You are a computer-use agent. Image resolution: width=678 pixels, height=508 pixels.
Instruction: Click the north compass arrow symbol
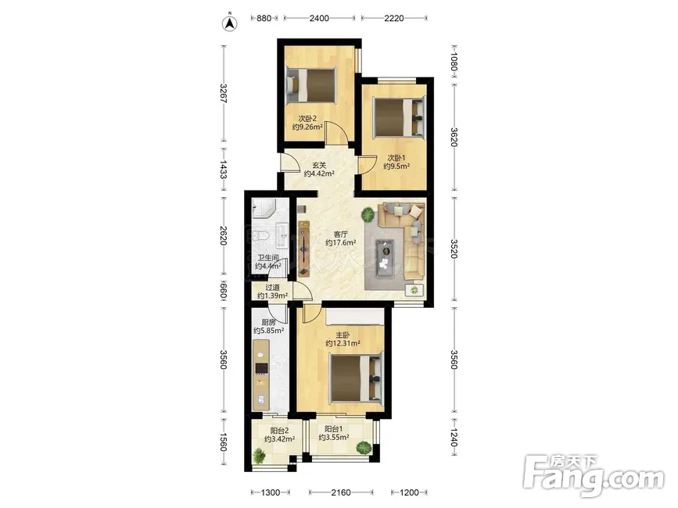point(230,23)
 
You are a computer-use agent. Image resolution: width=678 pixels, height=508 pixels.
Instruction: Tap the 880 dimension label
point(264,18)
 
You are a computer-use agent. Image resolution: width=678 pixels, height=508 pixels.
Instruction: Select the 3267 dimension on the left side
point(223,93)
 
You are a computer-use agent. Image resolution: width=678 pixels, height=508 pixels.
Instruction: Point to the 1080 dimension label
point(453,61)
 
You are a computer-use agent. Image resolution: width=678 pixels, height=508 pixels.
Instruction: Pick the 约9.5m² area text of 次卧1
point(396,166)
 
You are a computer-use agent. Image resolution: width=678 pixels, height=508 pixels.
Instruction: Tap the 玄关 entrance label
point(319,165)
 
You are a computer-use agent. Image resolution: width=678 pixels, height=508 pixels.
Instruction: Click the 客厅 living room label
point(341,234)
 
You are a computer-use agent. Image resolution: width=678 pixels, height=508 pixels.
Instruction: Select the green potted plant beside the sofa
point(368,214)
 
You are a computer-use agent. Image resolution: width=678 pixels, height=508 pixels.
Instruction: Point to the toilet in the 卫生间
point(260,235)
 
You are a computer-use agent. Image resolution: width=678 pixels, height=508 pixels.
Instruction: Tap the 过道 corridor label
point(272,288)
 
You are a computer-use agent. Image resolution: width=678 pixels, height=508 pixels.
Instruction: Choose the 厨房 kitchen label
point(268,322)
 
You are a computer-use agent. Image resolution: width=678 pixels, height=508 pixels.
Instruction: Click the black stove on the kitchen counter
point(261,368)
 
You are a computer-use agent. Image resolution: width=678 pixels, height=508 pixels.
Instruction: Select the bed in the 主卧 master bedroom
point(357,377)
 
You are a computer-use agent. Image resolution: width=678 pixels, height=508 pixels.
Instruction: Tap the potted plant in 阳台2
point(259,456)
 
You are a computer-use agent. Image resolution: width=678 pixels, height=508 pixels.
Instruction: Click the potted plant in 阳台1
point(364,448)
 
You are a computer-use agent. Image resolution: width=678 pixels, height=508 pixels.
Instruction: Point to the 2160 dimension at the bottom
point(341,492)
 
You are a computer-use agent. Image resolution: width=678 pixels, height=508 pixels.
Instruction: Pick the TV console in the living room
point(304,249)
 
